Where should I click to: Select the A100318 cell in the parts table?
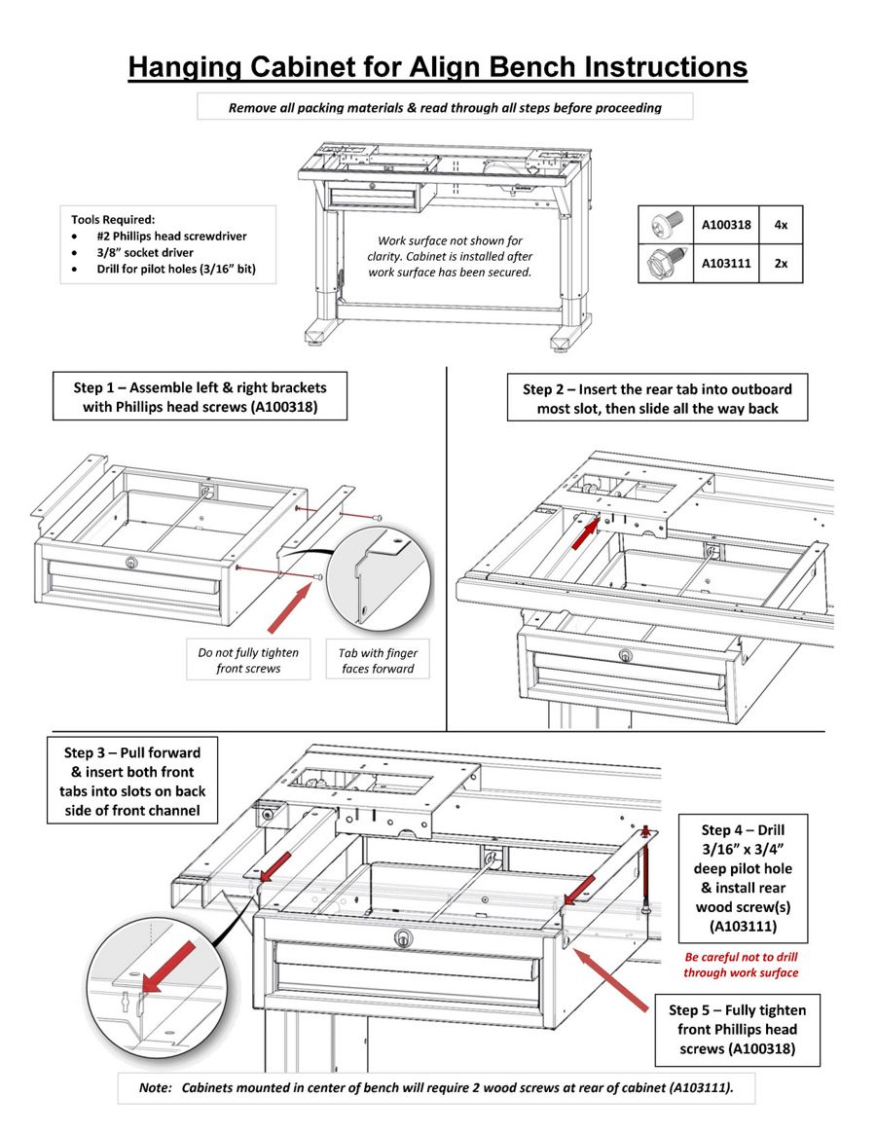[x=726, y=225]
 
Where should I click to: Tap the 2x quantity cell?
[x=781, y=263]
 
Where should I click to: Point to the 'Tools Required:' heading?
[x=113, y=219]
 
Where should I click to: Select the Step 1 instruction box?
[x=200, y=397]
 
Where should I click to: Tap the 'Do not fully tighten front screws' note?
[x=248, y=660]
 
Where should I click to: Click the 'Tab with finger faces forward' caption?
[x=377, y=660]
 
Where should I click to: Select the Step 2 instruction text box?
[x=657, y=398]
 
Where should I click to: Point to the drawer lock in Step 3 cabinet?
[x=401, y=937]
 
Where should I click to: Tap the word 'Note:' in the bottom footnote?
[x=155, y=1087]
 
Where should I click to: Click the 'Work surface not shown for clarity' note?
[x=450, y=256]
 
